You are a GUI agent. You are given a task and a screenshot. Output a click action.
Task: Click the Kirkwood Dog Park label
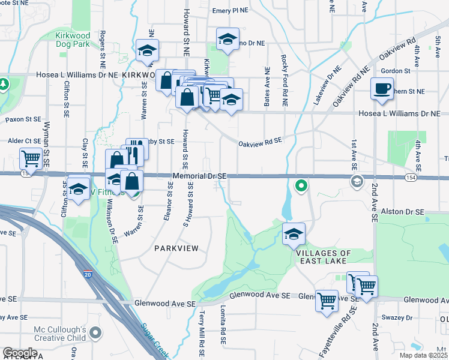tap(72, 40)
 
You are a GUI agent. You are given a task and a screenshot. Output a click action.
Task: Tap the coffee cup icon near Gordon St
tap(382, 89)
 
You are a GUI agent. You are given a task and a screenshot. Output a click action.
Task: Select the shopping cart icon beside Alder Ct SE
tap(31, 159)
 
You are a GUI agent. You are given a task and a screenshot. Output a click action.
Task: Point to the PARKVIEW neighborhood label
tap(175, 248)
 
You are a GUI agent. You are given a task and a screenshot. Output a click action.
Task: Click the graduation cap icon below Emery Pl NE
tap(228, 40)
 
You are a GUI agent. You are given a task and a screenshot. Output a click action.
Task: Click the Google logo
tap(20, 352)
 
